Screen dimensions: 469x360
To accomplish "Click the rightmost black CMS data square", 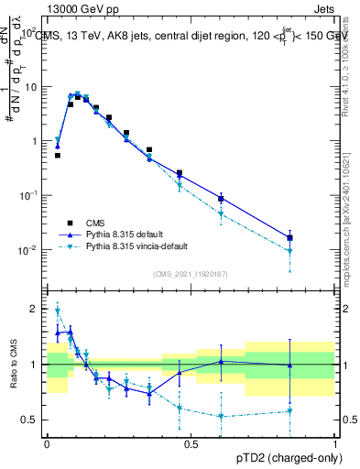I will point(289,238).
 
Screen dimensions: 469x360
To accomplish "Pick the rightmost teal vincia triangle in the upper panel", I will point(289,251).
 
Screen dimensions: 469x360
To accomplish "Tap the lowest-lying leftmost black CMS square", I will point(58,156).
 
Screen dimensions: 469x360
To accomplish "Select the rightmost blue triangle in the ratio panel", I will point(289,365).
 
